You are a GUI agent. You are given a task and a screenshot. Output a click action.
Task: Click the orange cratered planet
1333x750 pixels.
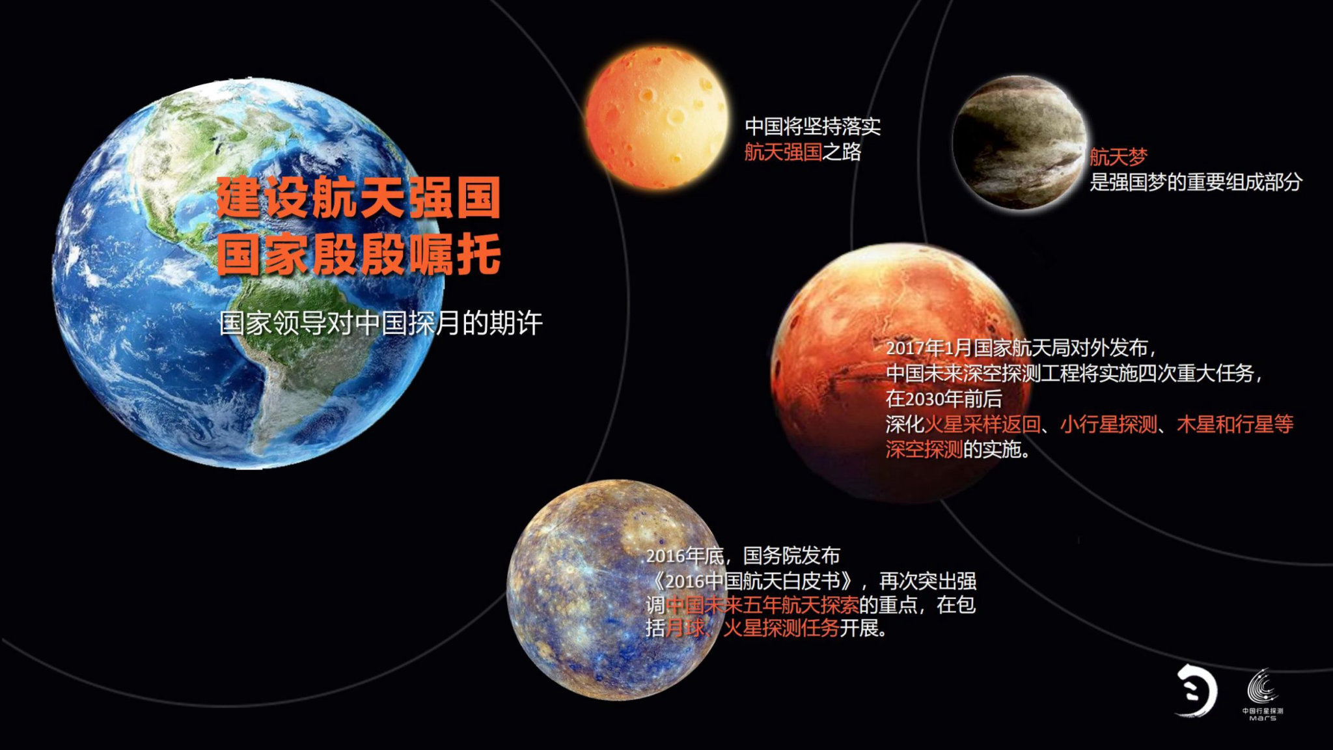pos(656,117)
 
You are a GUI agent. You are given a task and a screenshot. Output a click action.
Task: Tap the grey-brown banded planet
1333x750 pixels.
pos(1019,143)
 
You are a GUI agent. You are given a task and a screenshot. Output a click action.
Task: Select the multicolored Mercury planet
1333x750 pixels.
pos(615,590)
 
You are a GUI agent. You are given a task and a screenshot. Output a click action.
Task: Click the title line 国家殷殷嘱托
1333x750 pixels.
pos(359,254)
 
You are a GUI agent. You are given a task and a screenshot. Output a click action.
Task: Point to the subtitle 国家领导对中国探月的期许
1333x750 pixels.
pos(381,323)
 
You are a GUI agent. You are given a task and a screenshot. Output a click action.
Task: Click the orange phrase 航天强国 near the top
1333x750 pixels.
pos(783,152)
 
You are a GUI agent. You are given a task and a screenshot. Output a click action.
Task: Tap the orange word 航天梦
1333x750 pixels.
pos(1118,157)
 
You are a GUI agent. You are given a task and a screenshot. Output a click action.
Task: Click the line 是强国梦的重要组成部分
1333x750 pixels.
pos(1196,182)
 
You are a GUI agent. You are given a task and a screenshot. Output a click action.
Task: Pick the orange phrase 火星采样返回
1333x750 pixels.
pos(982,424)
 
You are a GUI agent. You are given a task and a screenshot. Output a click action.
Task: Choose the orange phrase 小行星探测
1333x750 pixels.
pos(1108,424)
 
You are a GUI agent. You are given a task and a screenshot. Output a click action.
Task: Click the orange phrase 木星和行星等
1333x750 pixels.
pos(1235,424)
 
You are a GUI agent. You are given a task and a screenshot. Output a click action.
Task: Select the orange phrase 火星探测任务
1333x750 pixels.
pos(781,629)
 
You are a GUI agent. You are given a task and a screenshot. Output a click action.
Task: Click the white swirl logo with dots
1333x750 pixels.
pos(1196,691)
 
